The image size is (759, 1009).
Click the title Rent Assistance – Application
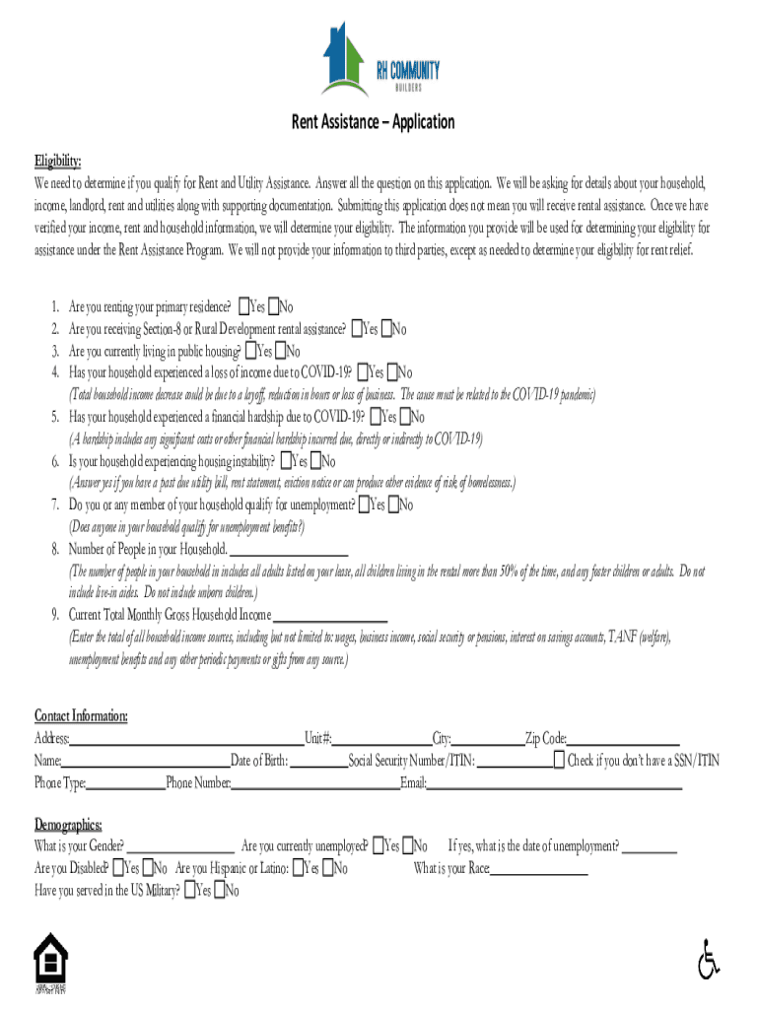point(372,122)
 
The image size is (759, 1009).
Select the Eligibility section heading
point(58,162)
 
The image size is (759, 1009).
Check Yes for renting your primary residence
point(242,306)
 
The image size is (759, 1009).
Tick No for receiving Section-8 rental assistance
point(387,329)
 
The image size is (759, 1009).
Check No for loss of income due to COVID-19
point(392,372)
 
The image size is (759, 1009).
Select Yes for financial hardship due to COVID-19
point(376,417)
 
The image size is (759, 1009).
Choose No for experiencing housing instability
point(315,461)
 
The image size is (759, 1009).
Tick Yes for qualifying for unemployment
point(365,505)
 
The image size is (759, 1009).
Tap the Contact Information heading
point(81,715)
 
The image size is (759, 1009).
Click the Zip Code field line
point(623,739)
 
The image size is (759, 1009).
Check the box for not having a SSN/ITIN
point(559,761)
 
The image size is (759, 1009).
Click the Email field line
point(552,783)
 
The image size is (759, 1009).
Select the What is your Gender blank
point(179,846)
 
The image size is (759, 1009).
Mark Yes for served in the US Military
point(189,891)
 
